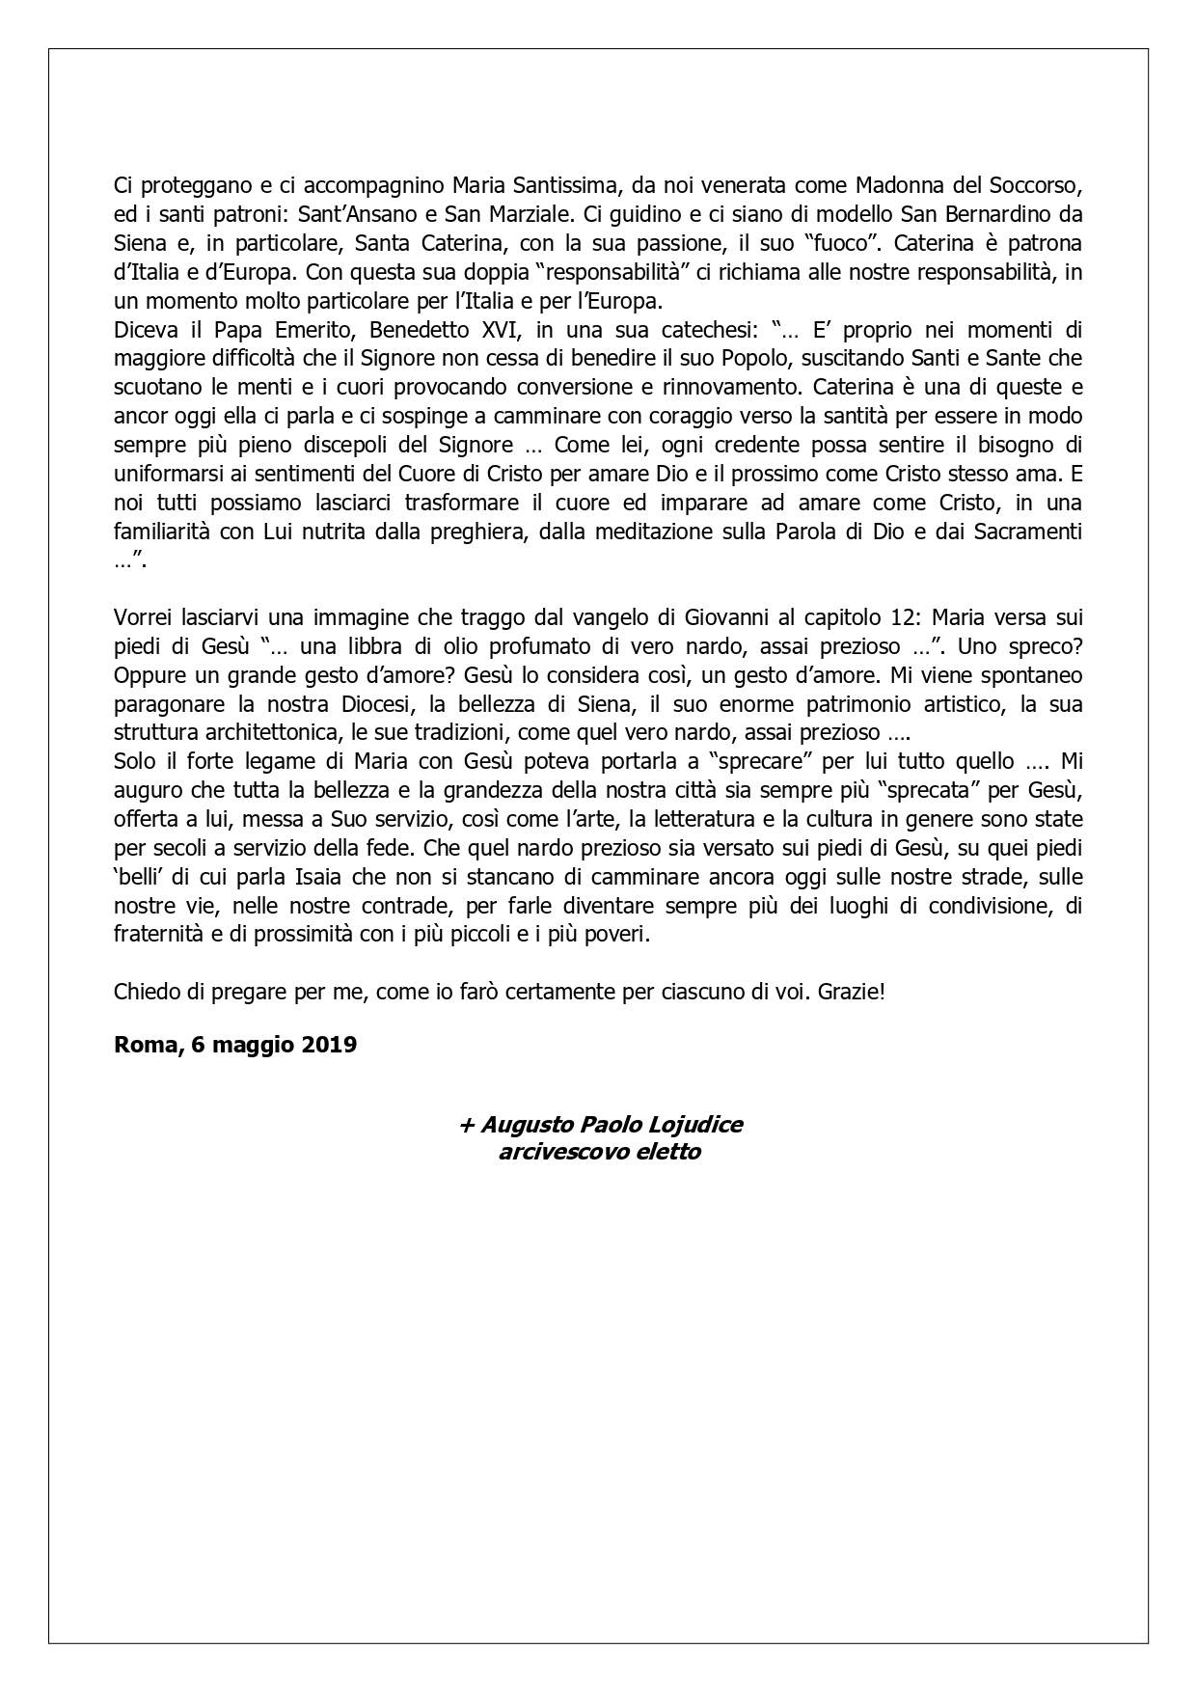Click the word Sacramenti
(x=1027, y=532)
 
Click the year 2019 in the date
(x=326, y=1045)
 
